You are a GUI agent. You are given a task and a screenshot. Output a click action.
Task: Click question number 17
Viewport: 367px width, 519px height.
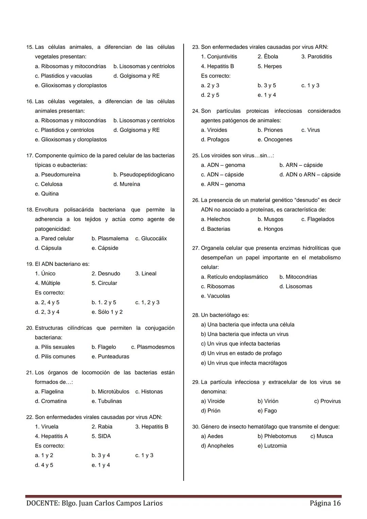(30, 156)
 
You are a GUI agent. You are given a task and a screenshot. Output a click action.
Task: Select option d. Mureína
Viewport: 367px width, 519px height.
(126, 184)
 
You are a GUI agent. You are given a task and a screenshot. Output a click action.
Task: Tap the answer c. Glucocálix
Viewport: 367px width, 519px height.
(151, 239)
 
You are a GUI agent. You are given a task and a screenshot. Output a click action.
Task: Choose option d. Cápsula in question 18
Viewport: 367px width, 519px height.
(48, 248)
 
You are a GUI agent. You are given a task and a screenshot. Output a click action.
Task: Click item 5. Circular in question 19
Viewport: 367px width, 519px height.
(104, 283)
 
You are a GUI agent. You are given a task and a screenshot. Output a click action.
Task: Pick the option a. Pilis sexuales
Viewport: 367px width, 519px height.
(55, 347)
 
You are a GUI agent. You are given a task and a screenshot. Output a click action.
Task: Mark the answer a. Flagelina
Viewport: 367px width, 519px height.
(49, 392)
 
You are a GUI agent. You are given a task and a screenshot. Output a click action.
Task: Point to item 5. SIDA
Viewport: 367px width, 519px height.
(101, 436)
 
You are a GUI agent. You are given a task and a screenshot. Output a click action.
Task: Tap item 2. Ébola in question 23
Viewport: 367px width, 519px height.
(268, 57)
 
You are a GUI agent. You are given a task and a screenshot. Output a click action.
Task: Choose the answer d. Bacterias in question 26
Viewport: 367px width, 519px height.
(215, 229)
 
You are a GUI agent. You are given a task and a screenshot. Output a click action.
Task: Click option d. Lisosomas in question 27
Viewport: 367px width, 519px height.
(296, 287)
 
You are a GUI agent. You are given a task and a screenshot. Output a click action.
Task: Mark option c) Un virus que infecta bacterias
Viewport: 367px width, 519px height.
(240, 344)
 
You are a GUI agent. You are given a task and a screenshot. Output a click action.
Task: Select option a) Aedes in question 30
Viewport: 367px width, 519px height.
(212, 436)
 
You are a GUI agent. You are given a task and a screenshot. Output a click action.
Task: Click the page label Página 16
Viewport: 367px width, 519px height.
(325, 503)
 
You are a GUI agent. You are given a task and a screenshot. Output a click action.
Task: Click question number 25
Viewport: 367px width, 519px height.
(195, 156)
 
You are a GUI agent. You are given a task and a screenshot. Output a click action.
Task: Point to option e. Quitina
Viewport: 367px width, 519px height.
(47, 194)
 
